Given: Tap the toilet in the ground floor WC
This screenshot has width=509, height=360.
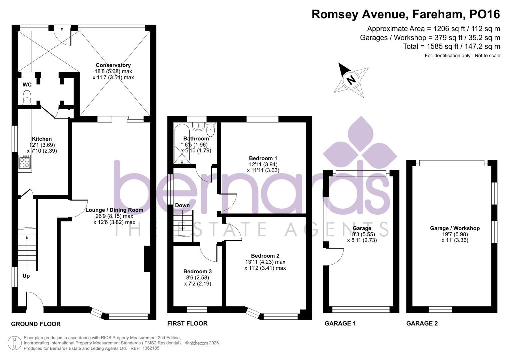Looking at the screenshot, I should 27,97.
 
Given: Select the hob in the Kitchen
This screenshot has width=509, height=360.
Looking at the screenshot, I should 25,162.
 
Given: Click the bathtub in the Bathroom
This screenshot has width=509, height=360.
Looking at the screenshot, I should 182,143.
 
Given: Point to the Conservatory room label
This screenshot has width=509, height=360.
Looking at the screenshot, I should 113,65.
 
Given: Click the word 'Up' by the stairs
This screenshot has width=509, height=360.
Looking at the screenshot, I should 26,276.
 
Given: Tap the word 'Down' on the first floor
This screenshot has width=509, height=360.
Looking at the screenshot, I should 182,205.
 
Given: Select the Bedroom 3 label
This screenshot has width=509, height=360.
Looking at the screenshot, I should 197,271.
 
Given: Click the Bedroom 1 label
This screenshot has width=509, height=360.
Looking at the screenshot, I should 263,158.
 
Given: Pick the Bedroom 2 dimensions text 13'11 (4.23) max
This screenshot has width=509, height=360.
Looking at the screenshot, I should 265,262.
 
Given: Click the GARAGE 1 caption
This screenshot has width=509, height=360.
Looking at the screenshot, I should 340,323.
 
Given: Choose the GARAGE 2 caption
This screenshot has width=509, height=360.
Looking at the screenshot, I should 422,323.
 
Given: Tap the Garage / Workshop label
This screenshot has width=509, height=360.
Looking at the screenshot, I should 455,228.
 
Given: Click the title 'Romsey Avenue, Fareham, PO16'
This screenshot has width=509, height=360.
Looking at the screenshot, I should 406,14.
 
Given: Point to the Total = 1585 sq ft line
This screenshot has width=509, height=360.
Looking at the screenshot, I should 451,46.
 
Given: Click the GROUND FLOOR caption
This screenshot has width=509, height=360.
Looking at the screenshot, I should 36,324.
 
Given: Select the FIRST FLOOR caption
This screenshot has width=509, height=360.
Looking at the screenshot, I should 187,323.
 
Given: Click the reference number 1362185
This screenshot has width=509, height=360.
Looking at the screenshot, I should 151,348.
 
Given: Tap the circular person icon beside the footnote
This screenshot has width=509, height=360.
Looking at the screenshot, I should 14,343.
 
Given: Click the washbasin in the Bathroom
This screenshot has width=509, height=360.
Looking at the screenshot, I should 199,126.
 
